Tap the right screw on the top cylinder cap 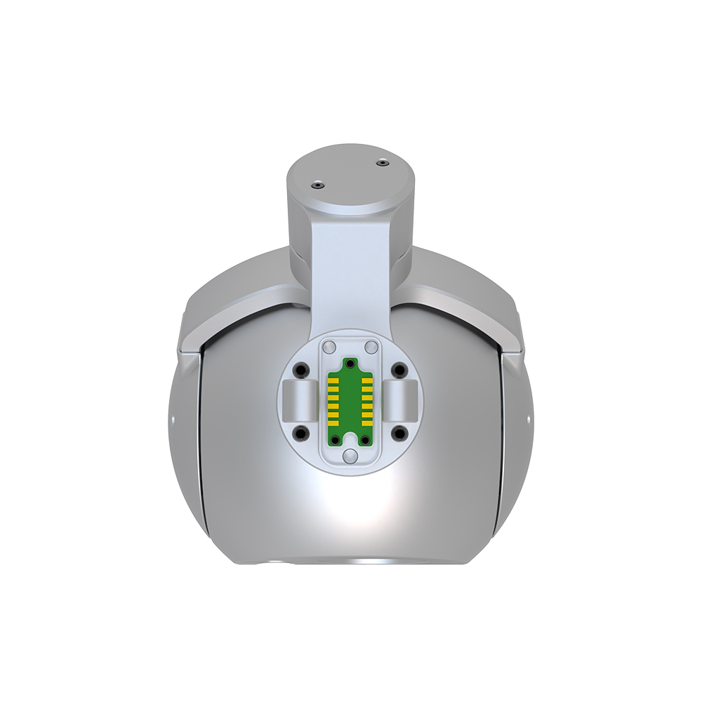tap(381, 163)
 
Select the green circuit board tap(350, 404)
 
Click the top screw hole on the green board tap(350, 364)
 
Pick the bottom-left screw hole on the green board tap(336, 439)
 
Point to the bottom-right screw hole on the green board tap(364, 439)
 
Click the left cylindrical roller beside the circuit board tap(299, 401)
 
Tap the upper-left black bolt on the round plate tap(302, 370)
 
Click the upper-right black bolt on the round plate tap(399, 370)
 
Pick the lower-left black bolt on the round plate tap(302, 432)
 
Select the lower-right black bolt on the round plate tap(399, 432)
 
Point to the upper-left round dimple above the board tap(329, 346)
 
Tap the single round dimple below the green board tap(350, 458)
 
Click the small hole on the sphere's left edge tap(172, 420)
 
